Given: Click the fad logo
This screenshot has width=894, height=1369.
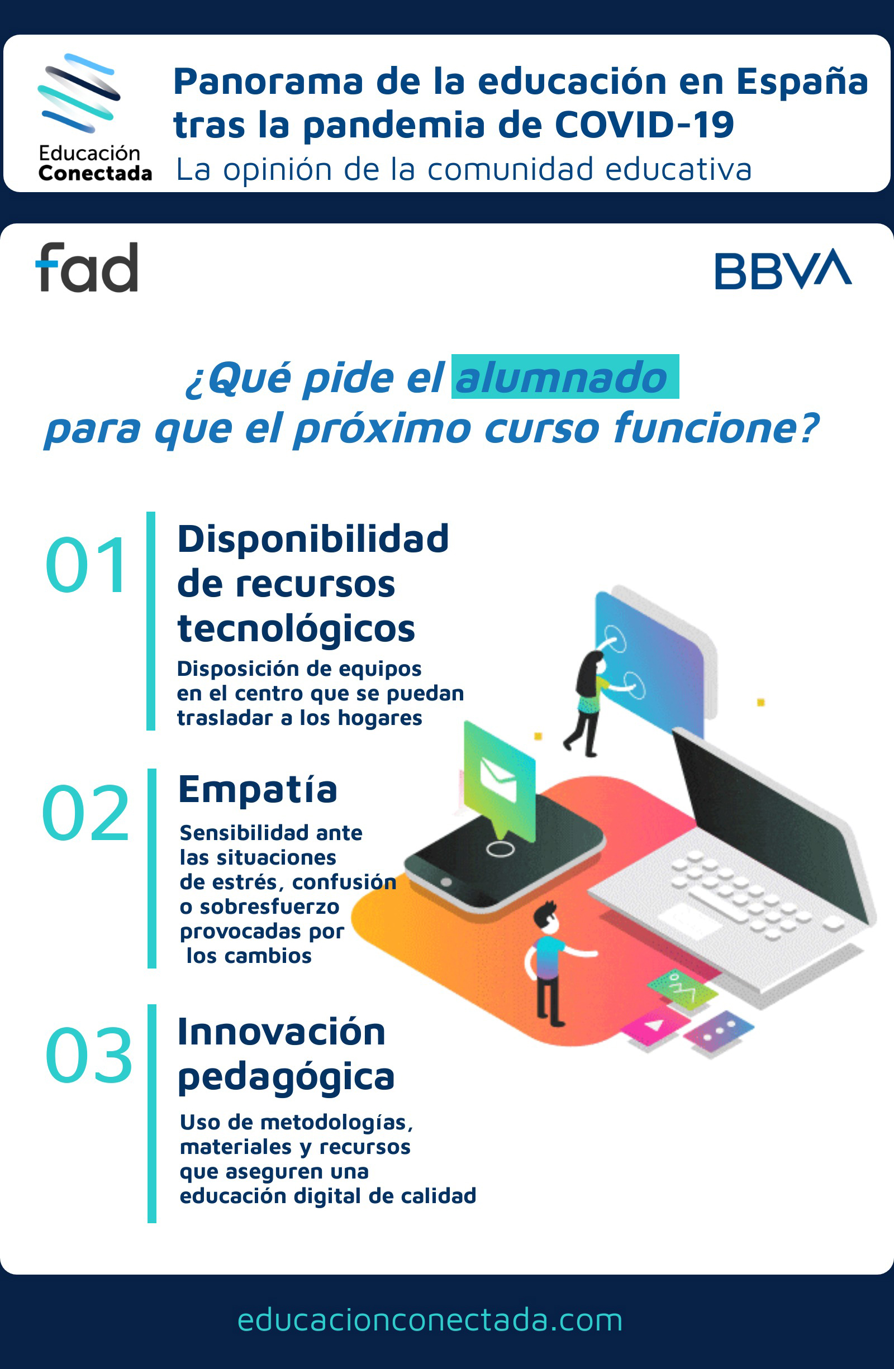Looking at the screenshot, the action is (x=87, y=267).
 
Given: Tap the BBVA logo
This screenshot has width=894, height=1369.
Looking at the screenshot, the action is (x=783, y=269).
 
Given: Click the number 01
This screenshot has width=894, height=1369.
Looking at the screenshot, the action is (x=85, y=564).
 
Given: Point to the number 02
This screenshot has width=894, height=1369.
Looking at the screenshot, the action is (x=85, y=813).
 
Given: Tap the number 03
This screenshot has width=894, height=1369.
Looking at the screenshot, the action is (x=89, y=1056).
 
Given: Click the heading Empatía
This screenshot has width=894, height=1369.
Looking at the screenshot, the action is (x=258, y=789).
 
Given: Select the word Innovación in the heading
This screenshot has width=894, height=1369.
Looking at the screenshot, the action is (x=281, y=1032).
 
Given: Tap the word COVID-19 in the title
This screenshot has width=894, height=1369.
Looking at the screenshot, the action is (x=644, y=125).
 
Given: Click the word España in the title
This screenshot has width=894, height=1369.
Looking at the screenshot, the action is (x=802, y=81).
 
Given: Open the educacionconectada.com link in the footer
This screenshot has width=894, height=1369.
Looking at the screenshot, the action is (x=430, y=1320).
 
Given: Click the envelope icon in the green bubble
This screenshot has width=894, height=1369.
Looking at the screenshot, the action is (x=498, y=779).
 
